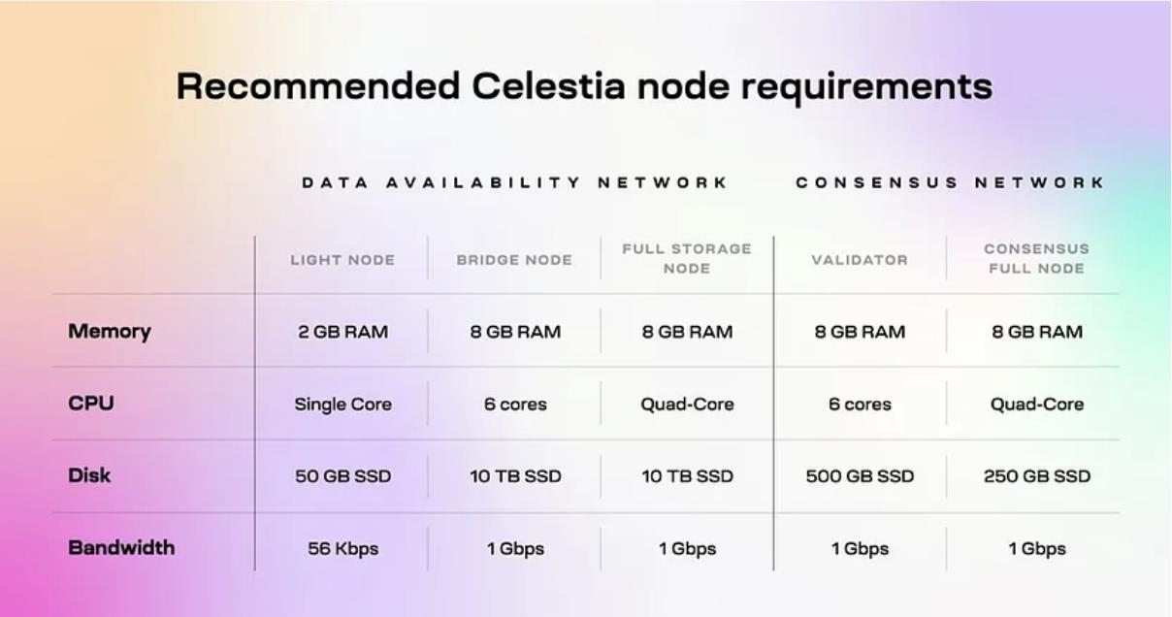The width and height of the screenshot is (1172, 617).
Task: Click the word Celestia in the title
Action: point(548,85)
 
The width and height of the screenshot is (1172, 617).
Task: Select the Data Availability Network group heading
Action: point(515,182)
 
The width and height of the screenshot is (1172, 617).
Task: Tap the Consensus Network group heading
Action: point(950,182)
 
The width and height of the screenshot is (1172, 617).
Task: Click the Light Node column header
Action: point(342,260)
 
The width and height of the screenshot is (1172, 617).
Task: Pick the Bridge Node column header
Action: point(514,260)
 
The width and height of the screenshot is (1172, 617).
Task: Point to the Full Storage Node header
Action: point(687,258)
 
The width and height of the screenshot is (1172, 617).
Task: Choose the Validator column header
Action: point(860,260)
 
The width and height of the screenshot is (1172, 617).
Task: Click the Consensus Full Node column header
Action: point(1036,258)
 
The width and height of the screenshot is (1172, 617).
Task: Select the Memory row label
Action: point(110,332)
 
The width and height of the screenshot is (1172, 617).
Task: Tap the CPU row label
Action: point(91,404)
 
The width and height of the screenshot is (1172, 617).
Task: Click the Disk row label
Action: point(89,475)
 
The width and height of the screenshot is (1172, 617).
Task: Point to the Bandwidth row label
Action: point(121,548)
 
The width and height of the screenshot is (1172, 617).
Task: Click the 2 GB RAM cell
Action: point(342,332)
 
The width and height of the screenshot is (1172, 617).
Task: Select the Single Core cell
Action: point(342,405)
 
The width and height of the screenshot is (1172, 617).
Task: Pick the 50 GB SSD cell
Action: point(342,476)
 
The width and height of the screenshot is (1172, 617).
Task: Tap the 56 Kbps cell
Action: point(342,549)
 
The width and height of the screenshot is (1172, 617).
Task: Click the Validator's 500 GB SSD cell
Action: point(860,476)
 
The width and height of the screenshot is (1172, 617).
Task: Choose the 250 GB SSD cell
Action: point(1036,476)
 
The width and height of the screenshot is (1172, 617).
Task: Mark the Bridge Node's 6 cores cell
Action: point(515,404)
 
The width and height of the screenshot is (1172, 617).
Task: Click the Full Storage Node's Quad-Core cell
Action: point(687,404)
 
